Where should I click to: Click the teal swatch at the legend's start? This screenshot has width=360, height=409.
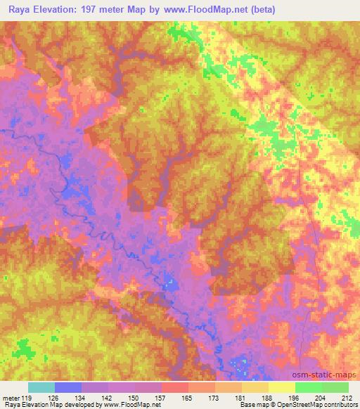pyautogui.click(x=41, y=387)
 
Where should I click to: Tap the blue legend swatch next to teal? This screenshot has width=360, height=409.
pyautogui.click(x=67, y=387)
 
